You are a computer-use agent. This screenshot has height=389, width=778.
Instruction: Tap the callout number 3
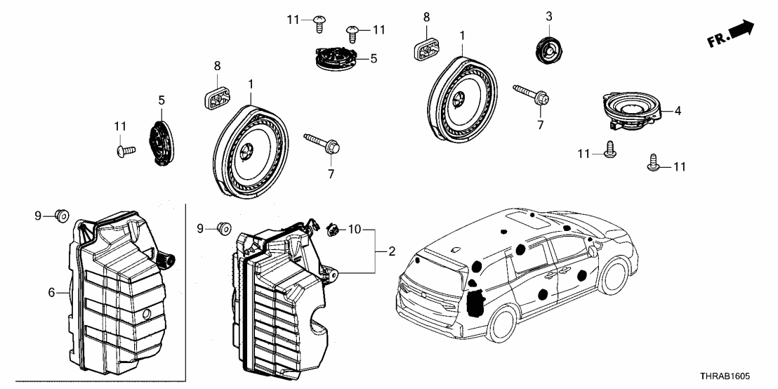(x=549, y=15)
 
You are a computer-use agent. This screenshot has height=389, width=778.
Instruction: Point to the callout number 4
(x=678, y=111)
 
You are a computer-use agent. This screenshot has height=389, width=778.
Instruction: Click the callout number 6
(x=51, y=293)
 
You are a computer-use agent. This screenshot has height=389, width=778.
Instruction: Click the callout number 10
(x=354, y=228)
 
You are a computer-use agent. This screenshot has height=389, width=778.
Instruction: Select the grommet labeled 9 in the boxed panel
(x=62, y=215)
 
